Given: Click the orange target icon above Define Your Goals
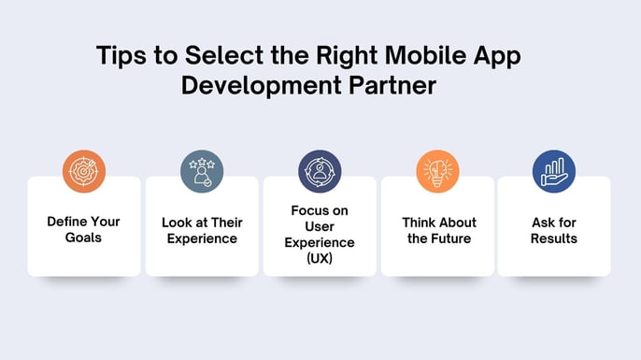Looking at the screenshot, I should (84, 171).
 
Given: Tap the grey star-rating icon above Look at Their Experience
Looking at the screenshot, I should (202, 171).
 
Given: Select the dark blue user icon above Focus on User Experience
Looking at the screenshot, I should (320, 171).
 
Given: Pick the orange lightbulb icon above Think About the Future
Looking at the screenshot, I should (437, 171).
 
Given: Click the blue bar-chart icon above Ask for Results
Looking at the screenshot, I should (553, 171).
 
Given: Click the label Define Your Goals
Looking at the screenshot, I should (84, 230).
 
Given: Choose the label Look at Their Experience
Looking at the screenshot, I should (202, 230).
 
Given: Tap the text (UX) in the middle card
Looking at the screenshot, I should (320, 259).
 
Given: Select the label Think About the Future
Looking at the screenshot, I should (438, 230).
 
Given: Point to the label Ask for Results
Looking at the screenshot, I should (553, 230).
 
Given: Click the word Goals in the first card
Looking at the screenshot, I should (84, 238).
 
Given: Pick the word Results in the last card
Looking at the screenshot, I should (553, 238).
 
